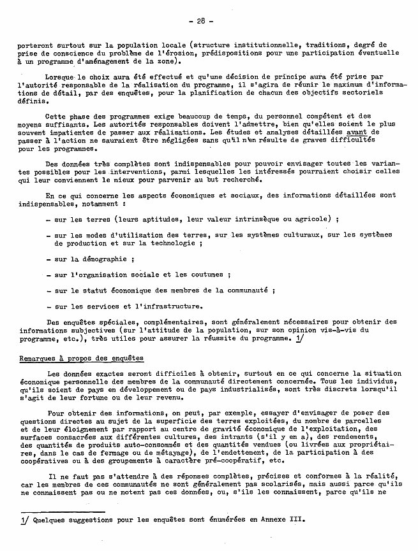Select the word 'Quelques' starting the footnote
point(52,520)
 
